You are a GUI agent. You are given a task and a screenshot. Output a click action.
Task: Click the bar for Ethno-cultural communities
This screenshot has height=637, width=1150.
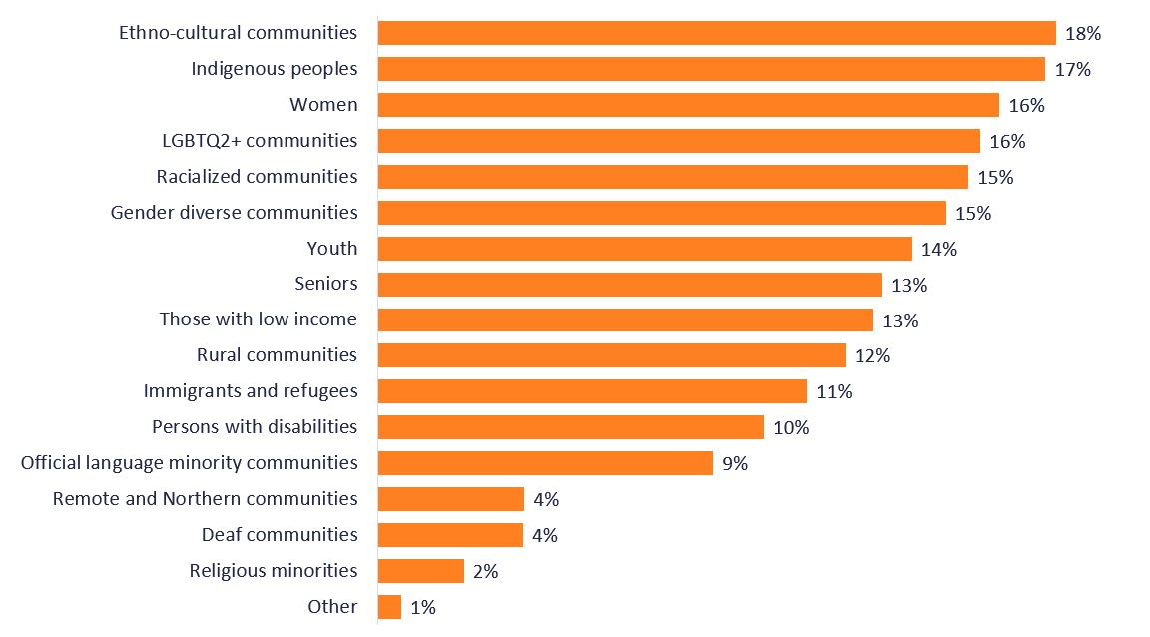717,33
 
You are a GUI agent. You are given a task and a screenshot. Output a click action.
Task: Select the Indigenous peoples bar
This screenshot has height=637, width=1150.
711,69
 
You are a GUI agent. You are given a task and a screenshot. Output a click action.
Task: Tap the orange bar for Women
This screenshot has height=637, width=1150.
689,105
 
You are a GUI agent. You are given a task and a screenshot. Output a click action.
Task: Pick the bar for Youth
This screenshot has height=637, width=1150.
645,249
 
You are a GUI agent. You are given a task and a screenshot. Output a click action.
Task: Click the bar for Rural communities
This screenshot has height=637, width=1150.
612,355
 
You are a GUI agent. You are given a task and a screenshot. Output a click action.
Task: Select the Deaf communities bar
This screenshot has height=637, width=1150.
450,535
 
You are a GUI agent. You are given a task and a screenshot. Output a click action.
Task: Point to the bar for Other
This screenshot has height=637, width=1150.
389,607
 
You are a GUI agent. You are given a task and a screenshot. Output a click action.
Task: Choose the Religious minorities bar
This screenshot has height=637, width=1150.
421,571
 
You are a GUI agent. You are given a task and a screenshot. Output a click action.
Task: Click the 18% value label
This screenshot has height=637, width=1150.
1083,34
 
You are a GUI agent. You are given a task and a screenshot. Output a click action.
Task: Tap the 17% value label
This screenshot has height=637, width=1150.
1072,70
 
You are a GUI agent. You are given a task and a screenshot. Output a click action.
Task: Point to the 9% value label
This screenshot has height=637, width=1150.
734,463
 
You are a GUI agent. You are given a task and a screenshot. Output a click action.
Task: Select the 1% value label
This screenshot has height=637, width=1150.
422,607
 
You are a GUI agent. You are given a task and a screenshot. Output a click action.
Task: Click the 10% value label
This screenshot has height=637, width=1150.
791,428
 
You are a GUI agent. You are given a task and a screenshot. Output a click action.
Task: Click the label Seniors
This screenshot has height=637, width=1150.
325,284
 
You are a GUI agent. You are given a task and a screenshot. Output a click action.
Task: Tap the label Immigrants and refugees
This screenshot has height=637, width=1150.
250,391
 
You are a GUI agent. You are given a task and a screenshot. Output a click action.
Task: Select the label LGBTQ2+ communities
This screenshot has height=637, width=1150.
259,140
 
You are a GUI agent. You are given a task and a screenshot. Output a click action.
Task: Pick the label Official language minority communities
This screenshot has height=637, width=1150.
189,463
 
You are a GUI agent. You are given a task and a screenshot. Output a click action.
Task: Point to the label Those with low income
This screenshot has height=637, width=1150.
258,319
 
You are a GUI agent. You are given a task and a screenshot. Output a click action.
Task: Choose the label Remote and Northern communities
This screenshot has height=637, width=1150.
205,499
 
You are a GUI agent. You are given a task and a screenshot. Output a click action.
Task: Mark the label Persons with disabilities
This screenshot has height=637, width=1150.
254,427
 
